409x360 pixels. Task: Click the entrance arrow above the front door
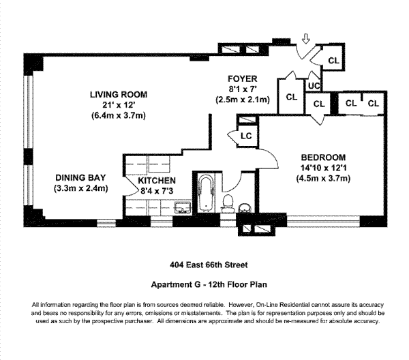coord(305,39)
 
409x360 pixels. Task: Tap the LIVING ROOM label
coord(119,95)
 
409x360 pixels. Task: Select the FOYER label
coord(242,79)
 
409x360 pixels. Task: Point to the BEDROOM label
coord(323,157)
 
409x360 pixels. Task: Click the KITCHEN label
coord(157,181)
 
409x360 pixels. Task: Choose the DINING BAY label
coord(80,178)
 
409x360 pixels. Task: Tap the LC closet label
coord(246,136)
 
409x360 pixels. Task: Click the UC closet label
coord(314,86)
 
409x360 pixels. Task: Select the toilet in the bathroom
coord(228,204)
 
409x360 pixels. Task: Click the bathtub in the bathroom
coord(207,194)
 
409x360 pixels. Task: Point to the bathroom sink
coord(245,208)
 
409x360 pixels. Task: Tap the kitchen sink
coord(183,207)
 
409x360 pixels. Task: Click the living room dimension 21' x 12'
coord(119,105)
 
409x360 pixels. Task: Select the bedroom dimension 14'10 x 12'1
coord(323,168)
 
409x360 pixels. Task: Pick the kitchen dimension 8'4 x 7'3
coord(157,191)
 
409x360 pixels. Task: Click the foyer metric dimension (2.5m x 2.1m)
coord(243,100)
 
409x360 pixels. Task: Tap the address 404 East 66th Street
coord(209,265)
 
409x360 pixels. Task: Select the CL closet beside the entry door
coord(333,61)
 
